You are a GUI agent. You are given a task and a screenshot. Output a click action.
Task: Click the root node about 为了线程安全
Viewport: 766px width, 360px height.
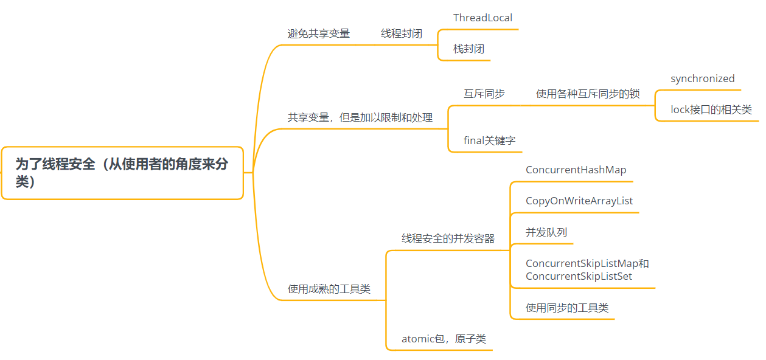tap(122, 173)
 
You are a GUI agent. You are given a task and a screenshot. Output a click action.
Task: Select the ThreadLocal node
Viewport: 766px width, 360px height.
tap(483, 18)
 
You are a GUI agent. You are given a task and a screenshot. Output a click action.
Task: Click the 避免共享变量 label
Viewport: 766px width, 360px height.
tap(318, 33)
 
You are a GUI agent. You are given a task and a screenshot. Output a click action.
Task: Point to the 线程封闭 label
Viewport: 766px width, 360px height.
tap(402, 33)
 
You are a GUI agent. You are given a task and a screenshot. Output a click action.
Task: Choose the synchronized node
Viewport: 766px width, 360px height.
tap(703, 79)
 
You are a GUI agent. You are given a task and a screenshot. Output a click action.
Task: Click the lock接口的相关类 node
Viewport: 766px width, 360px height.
tap(711, 110)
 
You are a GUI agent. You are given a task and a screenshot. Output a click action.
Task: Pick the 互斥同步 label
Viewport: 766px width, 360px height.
tap(484, 94)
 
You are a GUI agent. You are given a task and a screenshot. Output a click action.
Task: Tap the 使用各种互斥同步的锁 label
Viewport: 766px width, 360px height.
tap(588, 94)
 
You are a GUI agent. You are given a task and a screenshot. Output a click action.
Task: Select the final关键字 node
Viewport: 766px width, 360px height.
tap(489, 140)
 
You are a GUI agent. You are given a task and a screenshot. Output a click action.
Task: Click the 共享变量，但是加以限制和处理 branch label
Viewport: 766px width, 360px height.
tap(360, 117)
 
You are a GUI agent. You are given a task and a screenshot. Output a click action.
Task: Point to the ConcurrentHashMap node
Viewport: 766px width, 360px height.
tap(576, 170)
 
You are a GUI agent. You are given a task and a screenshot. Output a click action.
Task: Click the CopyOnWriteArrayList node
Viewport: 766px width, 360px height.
tap(579, 201)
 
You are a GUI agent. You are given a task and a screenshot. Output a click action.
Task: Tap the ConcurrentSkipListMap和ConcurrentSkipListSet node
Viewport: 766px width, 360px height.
tap(587, 270)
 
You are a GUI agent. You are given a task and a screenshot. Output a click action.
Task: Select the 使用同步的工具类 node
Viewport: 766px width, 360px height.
tap(567, 308)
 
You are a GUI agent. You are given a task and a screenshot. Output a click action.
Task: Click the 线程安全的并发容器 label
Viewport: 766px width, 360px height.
tap(448, 239)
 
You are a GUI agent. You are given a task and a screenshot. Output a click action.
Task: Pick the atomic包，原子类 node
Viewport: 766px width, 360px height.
tap(444, 339)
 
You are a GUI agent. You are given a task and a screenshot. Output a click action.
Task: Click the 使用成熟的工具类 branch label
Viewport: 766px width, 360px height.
tap(329, 289)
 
